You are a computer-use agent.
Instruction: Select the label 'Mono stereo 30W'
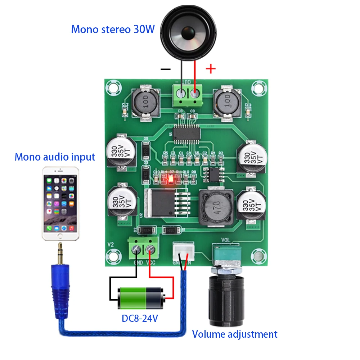(113, 29)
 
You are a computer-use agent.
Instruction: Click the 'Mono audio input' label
(55, 157)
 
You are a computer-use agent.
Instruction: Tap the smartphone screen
(60, 203)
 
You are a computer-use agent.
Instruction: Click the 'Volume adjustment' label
(235, 334)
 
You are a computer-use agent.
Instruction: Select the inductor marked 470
(216, 208)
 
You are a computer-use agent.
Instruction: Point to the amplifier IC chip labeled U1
(186, 132)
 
